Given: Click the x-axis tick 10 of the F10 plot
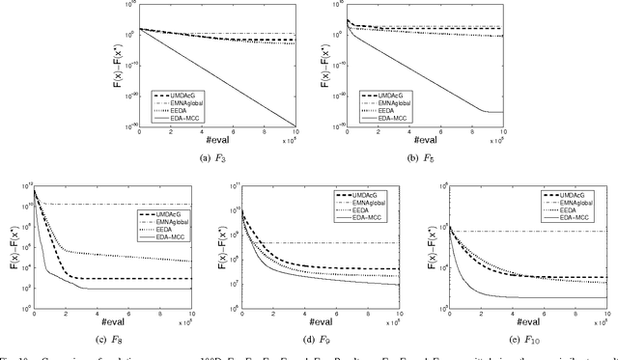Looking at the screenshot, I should pos(605,315).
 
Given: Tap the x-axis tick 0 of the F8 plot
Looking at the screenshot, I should pos(33,315).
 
